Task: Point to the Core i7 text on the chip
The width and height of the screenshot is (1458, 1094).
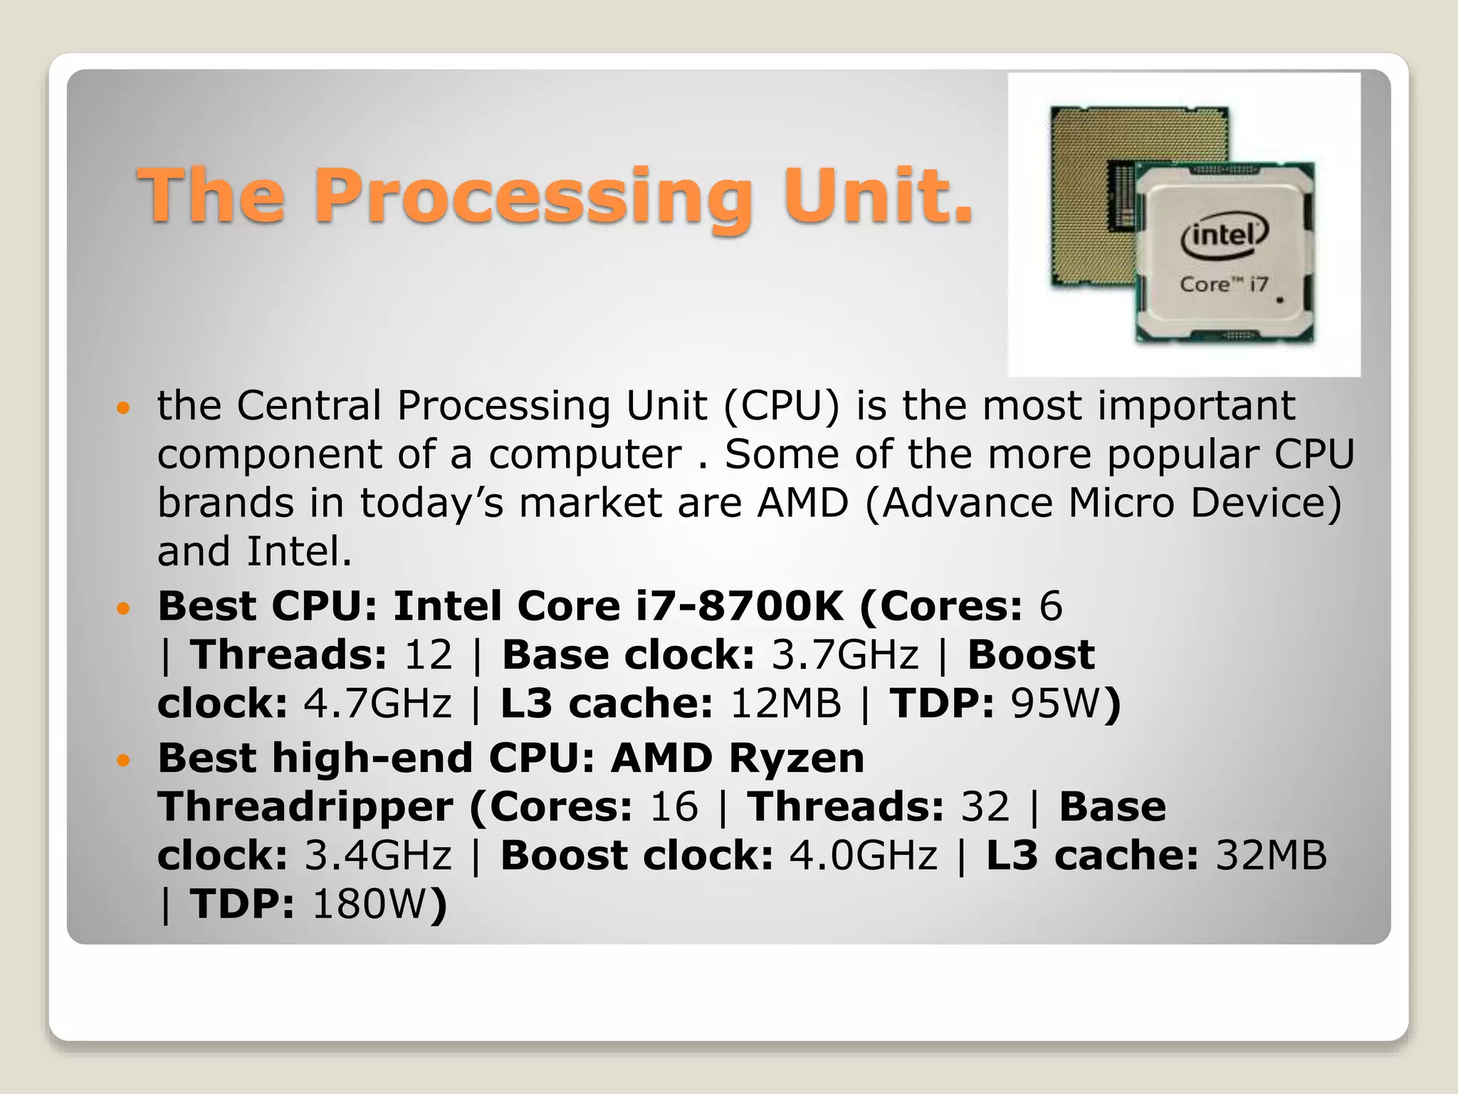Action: coord(1223,284)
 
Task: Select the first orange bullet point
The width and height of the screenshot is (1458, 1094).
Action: coord(124,408)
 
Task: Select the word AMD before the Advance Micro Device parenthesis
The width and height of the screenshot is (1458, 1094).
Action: coord(802,503)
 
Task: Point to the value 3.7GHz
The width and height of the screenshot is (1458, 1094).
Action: coord(845,655)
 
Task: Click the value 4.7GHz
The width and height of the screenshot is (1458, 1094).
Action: coord(377,703)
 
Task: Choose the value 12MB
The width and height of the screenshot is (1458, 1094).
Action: coord(785,703)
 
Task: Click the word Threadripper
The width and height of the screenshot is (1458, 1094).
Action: coord(305,807)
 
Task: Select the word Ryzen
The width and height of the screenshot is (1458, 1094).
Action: coord(796,758)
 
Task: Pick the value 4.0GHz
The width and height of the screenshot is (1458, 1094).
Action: coord(863,855)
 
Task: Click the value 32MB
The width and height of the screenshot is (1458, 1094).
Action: coord(1271,855)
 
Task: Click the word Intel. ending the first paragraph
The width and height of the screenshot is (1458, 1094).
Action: coord(299,551)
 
